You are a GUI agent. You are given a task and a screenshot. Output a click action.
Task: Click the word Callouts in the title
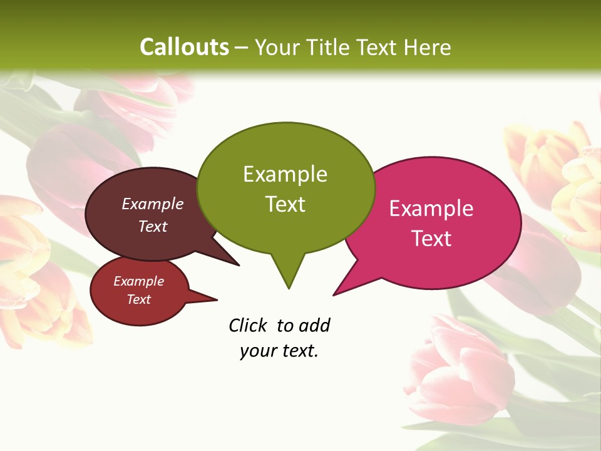click(x=184, y=47)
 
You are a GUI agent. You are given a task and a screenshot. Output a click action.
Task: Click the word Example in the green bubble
click(x=285, y=174)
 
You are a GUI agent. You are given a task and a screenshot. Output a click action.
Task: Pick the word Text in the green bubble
click(x=285, y=204)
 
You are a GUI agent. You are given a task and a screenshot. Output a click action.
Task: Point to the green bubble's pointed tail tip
click(x=289, y=288)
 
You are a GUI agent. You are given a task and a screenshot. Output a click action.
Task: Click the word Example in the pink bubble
click(x=431, y=209)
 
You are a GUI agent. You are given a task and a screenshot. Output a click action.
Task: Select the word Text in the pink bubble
click(x=431, y=239)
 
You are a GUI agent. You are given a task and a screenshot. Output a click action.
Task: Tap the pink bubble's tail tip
click(x=334, y=294)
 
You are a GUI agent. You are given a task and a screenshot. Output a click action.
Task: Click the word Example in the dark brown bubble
click(x=153, y=204)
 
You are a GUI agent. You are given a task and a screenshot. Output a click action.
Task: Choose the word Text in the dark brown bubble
click(x=153, y=226)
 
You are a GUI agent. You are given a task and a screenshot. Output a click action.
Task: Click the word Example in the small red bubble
click(x=138, y=281)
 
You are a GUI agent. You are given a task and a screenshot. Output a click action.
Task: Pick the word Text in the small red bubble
click(x=138, y=299)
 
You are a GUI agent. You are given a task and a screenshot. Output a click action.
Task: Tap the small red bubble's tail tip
click(x=217, y=299)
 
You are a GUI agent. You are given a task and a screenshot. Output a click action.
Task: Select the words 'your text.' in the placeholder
click(x=279, y=351)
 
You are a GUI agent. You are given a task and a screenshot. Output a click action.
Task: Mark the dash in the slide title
click(x=242, y=48)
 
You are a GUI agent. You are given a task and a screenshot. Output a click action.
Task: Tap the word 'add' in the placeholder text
click(x=314, y=325)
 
